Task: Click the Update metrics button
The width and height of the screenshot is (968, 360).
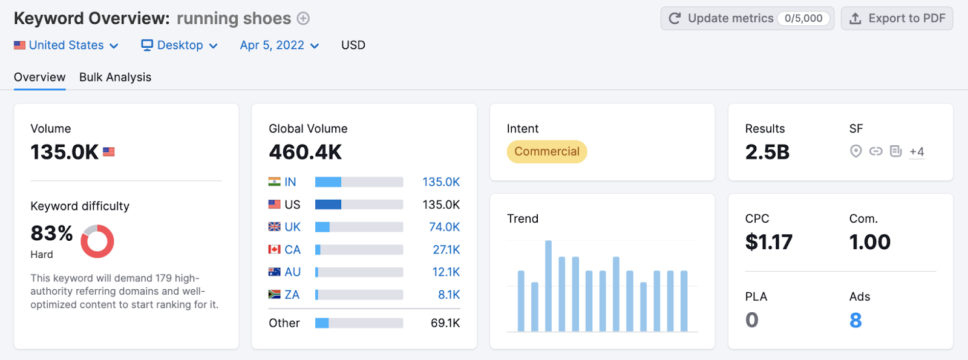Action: [x=747, y=19]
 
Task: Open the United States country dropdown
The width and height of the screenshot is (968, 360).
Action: [x=67, y=45]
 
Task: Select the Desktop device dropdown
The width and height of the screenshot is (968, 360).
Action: [x=179, y=45]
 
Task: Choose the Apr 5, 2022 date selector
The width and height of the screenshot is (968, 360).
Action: [x=279, y=45]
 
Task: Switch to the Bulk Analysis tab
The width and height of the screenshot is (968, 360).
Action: [x=115, y=77]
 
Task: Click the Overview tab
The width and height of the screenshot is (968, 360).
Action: [x=39, y=77]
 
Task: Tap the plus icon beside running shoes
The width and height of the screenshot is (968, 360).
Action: [x=303, y=19]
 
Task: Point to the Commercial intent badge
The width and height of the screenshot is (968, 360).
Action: [x=547, y=152]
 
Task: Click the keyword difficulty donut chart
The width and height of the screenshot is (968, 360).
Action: [x=97, y=241]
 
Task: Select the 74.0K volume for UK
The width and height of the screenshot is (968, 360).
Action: [x=444, y=227]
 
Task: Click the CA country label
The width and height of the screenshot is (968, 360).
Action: [x=292, y=250]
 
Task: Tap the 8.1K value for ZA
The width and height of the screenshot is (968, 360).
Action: [x=448, y=295]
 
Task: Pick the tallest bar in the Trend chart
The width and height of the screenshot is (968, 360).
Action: [x=548, y=286]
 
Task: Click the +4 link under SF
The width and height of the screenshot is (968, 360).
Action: [x=917, y=152]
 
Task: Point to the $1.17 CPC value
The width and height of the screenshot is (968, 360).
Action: [x=768, y=242]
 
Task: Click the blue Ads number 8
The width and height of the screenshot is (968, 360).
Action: [x=855, y=320]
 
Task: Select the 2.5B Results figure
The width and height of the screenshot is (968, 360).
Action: [x=767, y=152]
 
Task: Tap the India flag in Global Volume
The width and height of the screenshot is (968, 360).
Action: [x=275, y=182]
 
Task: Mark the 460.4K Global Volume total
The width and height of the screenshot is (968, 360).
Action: [x=306, y=152]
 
